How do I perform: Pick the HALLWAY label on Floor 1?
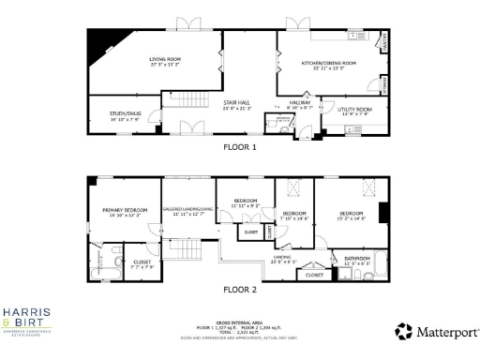tap(300, 104)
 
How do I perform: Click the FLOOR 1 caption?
tap(239, 147)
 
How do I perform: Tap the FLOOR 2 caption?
tap(239, 290)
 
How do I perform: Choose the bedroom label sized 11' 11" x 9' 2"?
tap(245, 202)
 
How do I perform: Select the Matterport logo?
tap(437, 331)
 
